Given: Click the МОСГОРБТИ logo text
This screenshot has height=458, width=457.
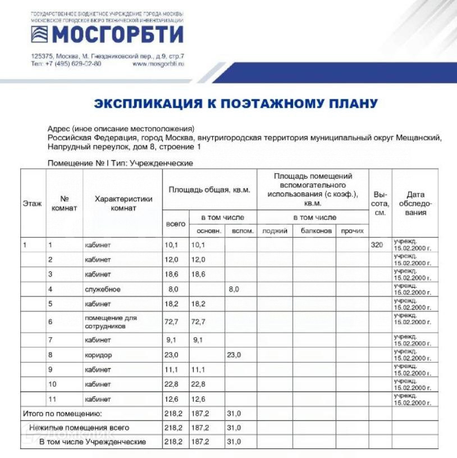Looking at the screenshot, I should click(117, 35).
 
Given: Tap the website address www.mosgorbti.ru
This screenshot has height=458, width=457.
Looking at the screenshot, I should click(158, 64).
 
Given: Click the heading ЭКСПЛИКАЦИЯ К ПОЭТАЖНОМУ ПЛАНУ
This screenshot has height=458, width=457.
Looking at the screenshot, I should click(236, 103).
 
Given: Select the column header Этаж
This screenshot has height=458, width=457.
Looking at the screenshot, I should click(32, 203).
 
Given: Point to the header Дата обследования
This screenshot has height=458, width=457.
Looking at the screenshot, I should click(415, 203).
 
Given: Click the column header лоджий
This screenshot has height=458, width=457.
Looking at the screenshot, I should click(275, 231).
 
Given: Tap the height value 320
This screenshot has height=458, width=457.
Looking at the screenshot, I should click(378, 245).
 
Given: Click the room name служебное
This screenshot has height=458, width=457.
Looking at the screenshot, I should click(103, 289).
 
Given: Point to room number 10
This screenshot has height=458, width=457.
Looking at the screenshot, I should click(52, 384).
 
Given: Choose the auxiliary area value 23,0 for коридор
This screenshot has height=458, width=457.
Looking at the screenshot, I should click(234, 355).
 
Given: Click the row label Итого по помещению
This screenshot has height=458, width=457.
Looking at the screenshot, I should click(62, 414).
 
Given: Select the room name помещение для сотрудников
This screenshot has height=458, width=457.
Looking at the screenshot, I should click(111, 321).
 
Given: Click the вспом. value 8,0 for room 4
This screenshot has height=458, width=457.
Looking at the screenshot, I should click(234, 289).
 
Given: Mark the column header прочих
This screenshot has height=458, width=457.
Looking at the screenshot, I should click(352, 231).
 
